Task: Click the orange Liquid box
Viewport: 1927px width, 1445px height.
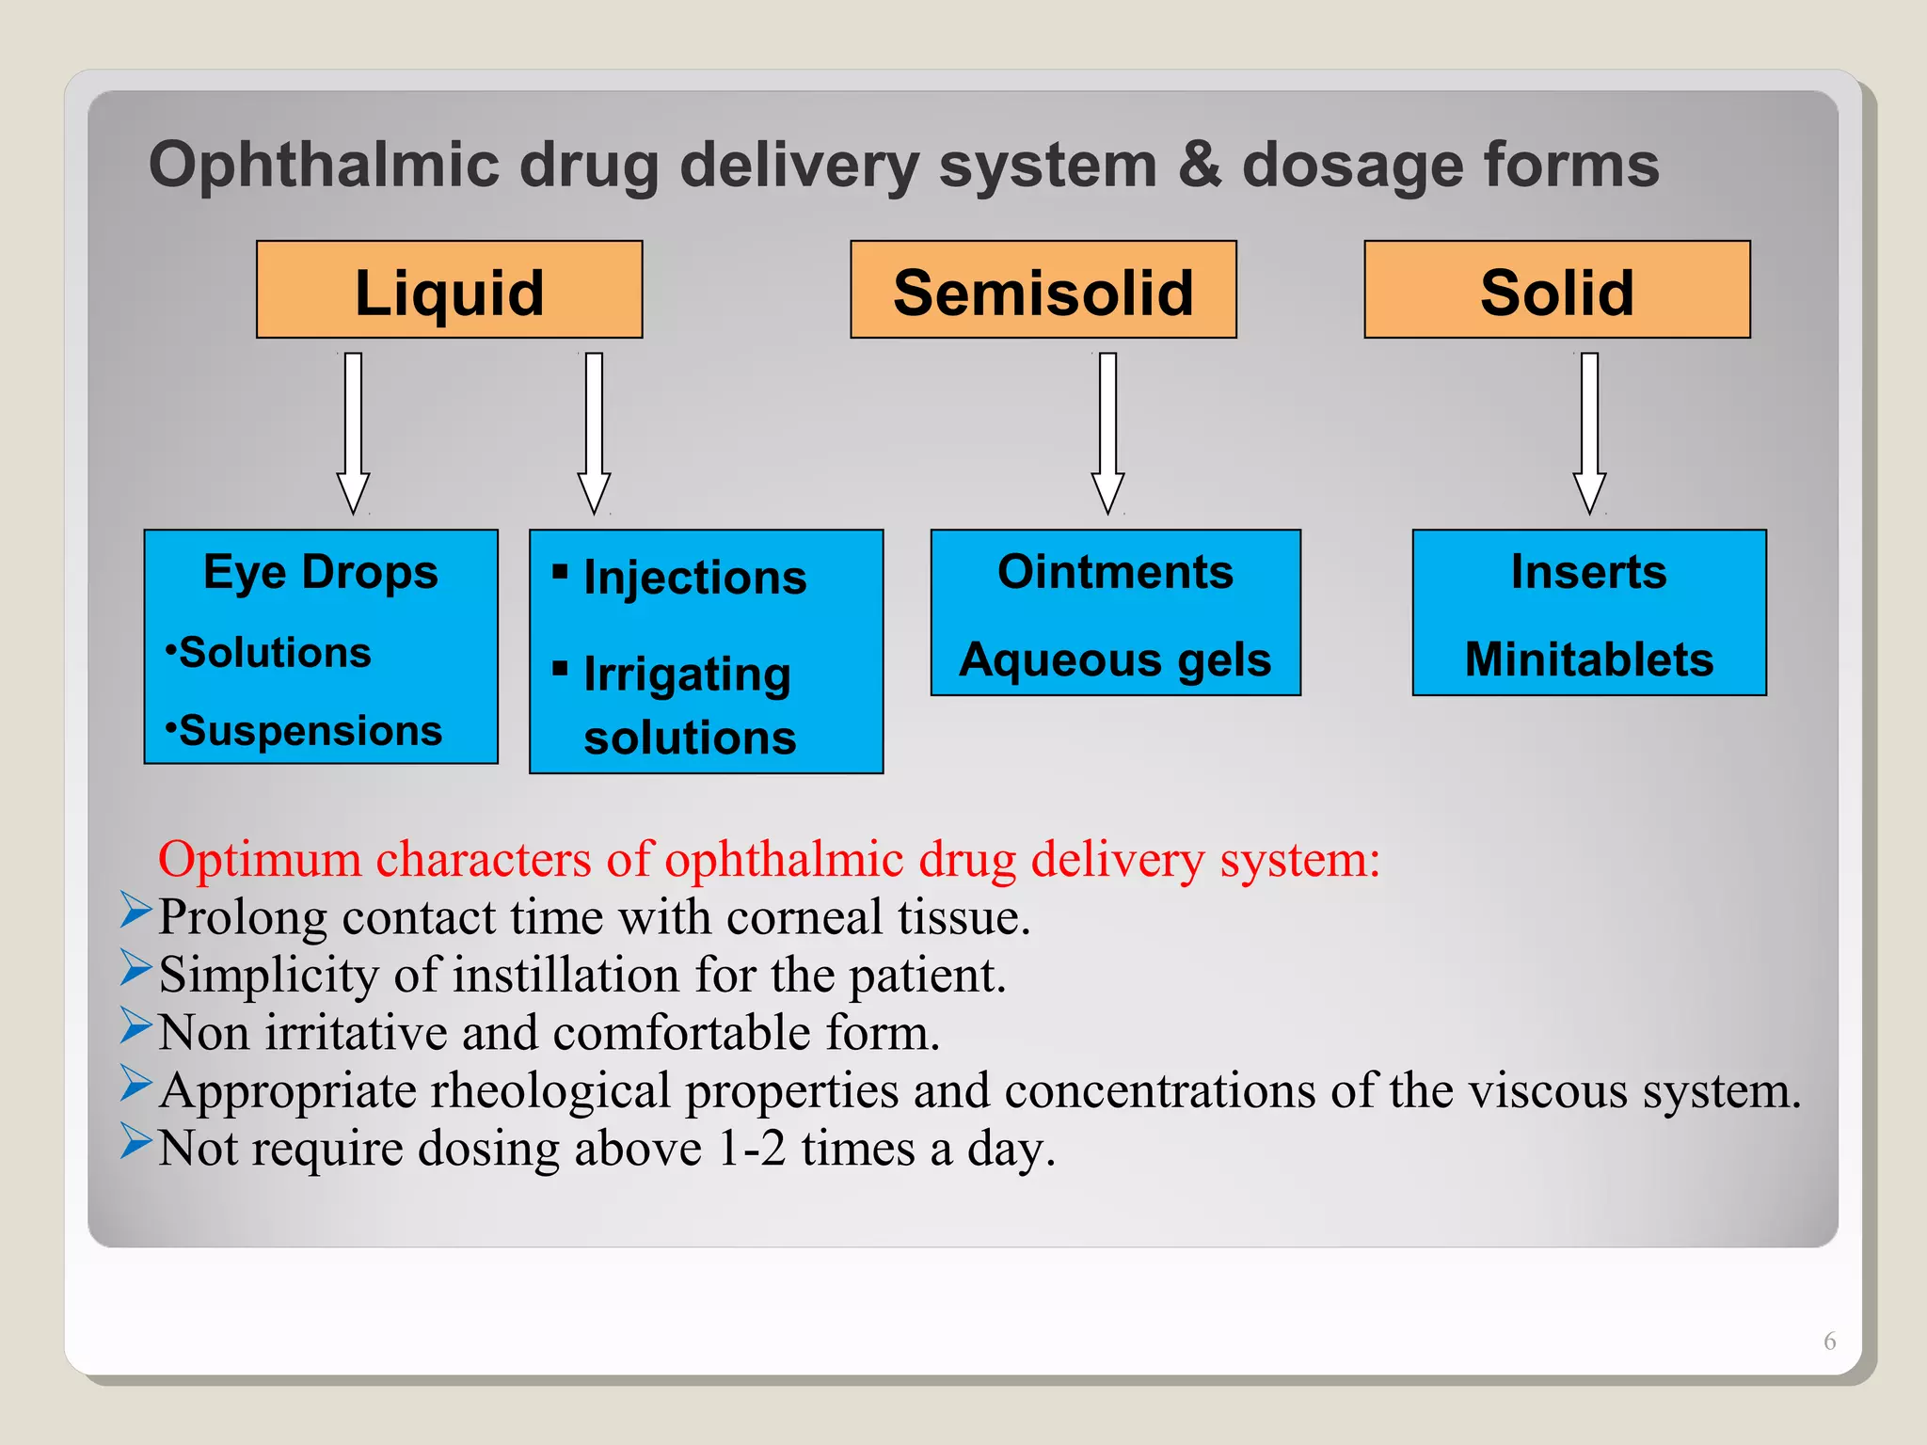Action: (x=449, y=290)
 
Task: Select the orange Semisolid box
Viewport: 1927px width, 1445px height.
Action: (x=1043, y=290)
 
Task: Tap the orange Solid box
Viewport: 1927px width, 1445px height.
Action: (x=1556, y=290)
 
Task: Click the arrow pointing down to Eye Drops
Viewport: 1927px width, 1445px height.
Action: (x=353, y=433)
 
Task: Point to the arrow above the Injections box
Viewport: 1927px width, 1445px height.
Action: (x=594, y=433)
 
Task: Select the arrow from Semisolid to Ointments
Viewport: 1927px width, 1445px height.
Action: (x=1107, y=433)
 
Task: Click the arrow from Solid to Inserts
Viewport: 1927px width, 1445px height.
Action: (x=1589, y=433)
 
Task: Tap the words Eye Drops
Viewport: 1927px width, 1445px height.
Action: (x=321, y=572)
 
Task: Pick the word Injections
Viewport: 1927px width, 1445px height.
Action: (x=694, y=578)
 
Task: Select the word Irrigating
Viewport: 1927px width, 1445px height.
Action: (x=687, y=675)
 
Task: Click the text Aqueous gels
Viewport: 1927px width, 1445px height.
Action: (x=1115, y=659)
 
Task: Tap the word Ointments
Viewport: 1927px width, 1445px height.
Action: (x=1115, y=572)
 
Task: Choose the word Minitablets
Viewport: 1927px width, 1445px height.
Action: (x=1589, y=659)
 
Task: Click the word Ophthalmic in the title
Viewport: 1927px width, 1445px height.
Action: (x=324, y=166)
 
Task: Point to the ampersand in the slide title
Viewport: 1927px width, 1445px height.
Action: (x=1199, y=166)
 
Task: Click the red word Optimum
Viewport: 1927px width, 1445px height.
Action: (x=260, y=859)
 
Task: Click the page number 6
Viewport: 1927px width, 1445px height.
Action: (x=1829, y=1341)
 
